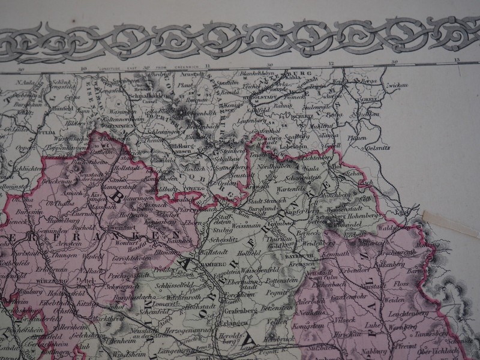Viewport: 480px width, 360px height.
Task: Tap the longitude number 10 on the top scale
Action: click(83, 68)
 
